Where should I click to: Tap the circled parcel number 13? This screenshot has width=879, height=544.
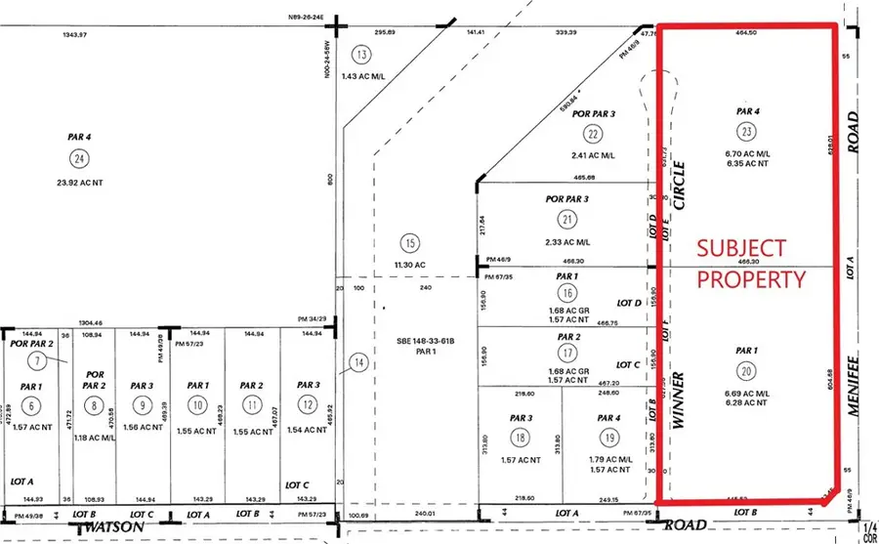[362, 55]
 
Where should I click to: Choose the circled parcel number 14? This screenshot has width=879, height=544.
[358, 363]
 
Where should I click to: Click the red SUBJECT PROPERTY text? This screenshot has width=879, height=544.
[751, 264]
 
